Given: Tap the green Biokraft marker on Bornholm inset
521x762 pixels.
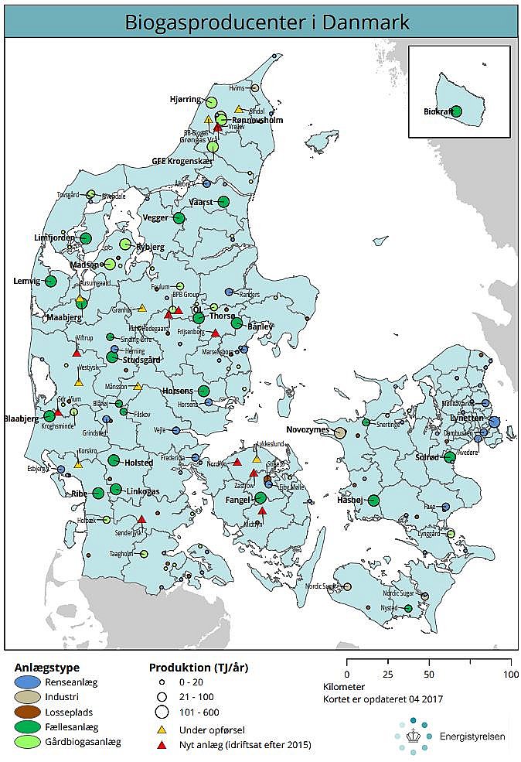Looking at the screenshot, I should pyautogui.click(x=456, y=111).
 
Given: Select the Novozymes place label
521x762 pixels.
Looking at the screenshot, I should pyautogui.click(x=308, y=430).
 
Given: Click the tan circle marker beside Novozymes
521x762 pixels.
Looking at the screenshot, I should pyautogui.click(x=339, y=432).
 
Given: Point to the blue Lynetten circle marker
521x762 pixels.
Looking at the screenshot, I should pyautogui.click(x=494, y=422).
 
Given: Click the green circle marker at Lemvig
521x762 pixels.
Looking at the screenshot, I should pyautogui.click(x=51, y=282).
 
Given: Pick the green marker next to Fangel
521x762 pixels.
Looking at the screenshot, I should pyautogui.click(x=260, y=497).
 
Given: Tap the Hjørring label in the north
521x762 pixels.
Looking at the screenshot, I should pyautogui.click(x=186, y=100).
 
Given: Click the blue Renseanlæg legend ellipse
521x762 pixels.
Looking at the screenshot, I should pyautogui.click(x=28, y=682).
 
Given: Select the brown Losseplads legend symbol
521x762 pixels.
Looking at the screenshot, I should pyautogui.click(x=28, y=712).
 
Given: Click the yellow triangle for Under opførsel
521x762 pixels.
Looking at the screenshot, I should pyautogui.click(x=162, y=730).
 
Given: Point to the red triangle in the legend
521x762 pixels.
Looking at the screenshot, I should pyautogui.click(x=162, y=744).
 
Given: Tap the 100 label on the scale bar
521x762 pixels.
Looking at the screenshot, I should pyautogui.click(x=511, y=674).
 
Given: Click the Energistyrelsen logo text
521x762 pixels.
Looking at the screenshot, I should pyautogui.click(x=472, y=736).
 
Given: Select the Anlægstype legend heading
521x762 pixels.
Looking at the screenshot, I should pyautogui.click(x=46, y=667).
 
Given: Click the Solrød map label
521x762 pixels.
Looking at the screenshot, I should pyautogui.click(x=427, y=457).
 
